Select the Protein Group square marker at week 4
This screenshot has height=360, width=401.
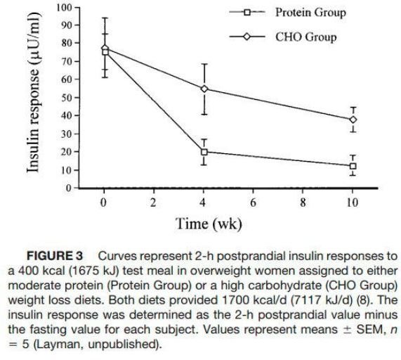204,152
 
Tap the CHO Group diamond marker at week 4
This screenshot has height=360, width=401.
204,89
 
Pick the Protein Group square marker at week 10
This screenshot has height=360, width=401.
353,166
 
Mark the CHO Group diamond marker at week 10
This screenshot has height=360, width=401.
353,120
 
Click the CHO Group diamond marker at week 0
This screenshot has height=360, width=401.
105,48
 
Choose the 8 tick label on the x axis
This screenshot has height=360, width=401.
303,202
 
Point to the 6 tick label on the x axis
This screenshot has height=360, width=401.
254,202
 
